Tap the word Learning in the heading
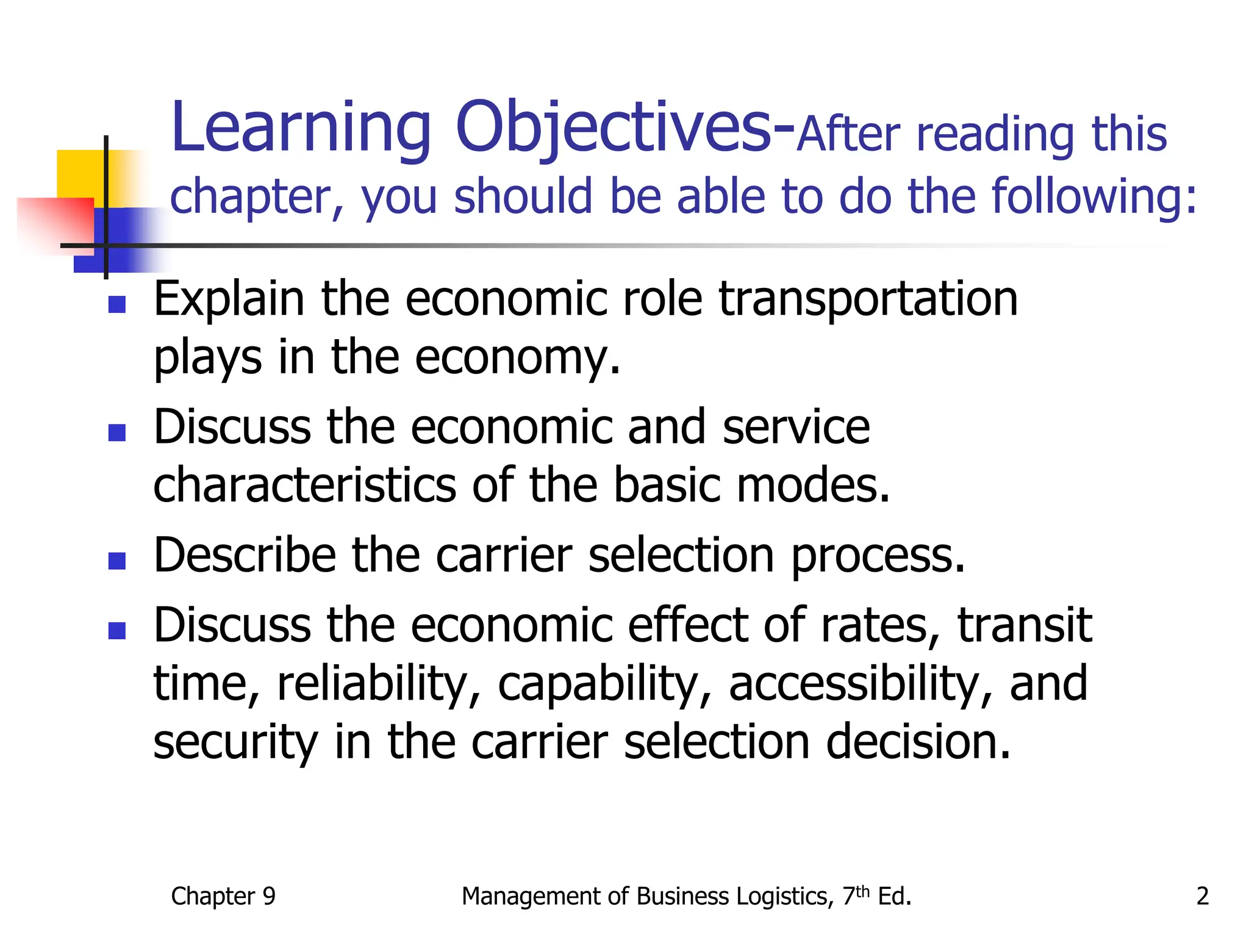pyautogui.click(x=301, y=128)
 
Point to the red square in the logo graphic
pyautogui.click(x=55, y=223)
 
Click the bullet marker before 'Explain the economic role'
pyautogui.click(x=116, y=304)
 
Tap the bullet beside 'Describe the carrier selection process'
pyautogui.click(x=116, y=560)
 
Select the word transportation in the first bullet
pyautogui.click(x=868, y=299)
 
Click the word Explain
pyautogui.click(x=229, y=299)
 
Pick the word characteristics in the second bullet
pyautogui.click(x=304, y=485)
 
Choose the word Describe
pyautogui.click(x=245, y=555)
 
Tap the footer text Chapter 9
pyautogui.click(x=223, y=896)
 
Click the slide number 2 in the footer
pyautogui.click(x=1202, y=896)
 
